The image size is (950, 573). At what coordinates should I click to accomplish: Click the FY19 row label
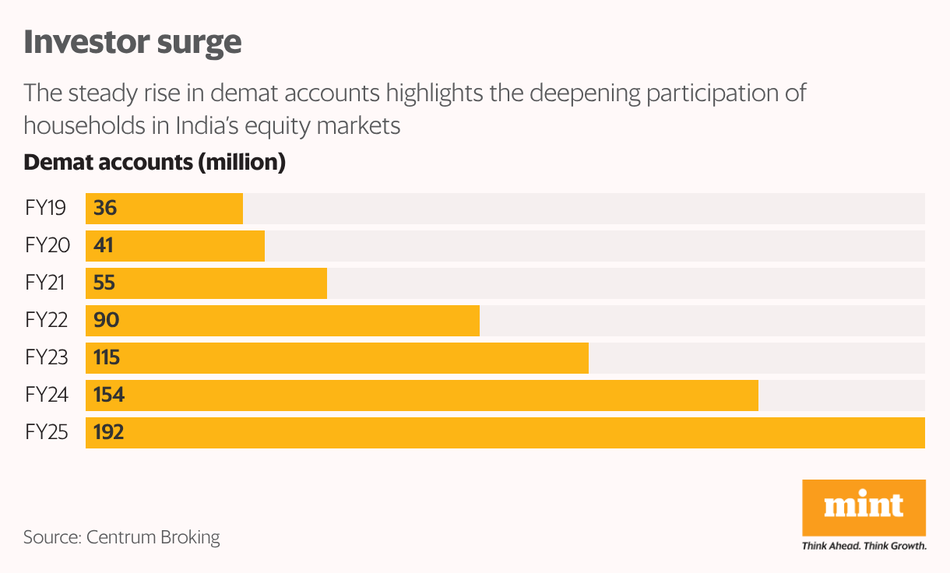point(45,209)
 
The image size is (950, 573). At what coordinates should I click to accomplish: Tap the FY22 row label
point(47,321)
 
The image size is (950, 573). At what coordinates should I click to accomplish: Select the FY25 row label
point(47,433)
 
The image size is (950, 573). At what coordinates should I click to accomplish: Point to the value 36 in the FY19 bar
point(105,209)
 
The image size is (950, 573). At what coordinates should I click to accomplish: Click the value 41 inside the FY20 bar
point(104,246)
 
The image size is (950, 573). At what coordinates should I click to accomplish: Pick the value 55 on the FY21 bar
point(104,283)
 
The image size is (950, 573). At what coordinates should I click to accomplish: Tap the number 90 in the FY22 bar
point(106,321)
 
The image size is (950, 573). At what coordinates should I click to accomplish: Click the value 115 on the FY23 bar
point(107,358)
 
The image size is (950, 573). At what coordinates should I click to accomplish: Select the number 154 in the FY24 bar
point(109,395)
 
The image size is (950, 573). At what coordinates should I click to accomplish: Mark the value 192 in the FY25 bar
point(109,433)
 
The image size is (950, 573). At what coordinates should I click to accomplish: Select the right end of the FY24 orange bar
point(756,395)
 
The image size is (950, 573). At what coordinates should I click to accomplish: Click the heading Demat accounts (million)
point(155,163)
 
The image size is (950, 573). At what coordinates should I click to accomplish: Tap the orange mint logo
point(864,507)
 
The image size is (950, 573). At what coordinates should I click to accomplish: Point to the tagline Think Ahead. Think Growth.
point(864,546)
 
